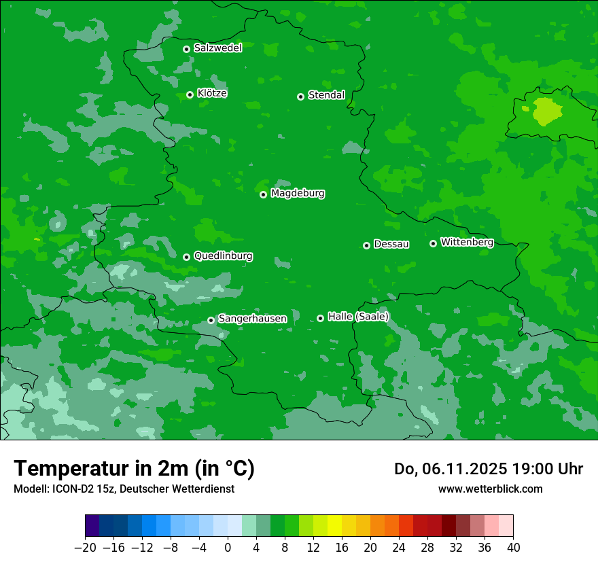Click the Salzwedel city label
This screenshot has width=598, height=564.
point(217,48)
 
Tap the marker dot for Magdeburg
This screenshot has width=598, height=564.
point(263,194)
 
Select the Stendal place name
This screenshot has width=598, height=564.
point(326,95)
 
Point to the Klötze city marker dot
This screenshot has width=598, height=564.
point(190,94)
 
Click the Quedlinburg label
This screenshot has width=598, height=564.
point(223,256)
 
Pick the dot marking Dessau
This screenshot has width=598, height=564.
point(366,245)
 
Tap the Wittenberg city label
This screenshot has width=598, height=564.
point(466,242)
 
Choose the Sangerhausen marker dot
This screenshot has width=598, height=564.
point(211,320)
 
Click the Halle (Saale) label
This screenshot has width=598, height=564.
point(358,317)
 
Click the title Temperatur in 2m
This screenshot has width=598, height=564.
point(134,469)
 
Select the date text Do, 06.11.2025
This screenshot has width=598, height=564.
point(449,469)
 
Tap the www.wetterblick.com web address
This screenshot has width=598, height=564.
point(490,489)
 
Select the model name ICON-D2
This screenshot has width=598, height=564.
point(66,489)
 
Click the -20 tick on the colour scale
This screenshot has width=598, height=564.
point(85,548)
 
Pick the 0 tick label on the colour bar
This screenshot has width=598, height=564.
point(228,548)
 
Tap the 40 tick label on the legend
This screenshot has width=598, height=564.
point(513,548)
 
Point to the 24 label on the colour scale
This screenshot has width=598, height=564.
point(399,548)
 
